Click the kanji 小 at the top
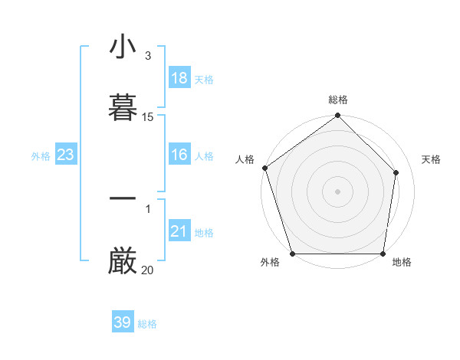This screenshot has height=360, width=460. click(x=123, y=47)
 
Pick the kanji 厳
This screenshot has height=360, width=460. click(x=123, y=260)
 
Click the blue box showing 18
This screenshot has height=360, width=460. click(x=179, y=78)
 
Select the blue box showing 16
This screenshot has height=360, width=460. click(x=179, y=155)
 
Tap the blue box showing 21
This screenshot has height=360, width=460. click(x=179, y=231)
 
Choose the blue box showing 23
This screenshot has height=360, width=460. click(x=66, y=155)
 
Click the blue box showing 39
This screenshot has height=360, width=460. click(x=123, y=322)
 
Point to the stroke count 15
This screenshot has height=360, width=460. click(x=148, y=117)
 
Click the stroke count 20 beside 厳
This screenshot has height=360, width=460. click(x=148, y=270)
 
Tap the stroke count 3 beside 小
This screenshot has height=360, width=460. click(x=148, y=56)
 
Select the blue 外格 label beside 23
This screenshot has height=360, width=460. click(x=41, y=156)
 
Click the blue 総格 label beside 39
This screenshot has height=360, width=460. click(x=147, y=324)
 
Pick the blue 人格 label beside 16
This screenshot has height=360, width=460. click(x=204, y=156)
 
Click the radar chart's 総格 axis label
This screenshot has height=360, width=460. click(x=338, y=100)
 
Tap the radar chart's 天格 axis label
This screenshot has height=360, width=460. click(x=431, y=159)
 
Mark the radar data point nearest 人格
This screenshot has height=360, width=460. click(x=264, y=168)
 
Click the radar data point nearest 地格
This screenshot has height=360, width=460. click(x=383, y=254)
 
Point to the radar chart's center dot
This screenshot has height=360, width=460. click(x=337, y=191)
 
